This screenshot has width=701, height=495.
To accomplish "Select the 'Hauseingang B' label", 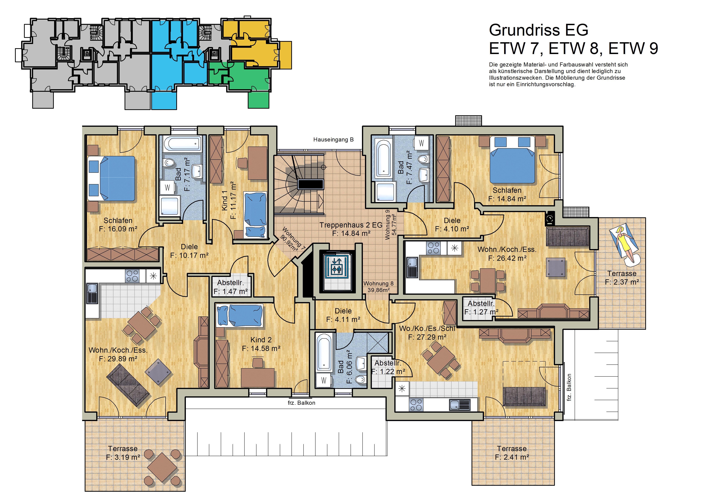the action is (x=333, y=140).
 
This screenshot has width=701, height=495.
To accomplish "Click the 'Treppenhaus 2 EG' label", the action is (x=351, y=225).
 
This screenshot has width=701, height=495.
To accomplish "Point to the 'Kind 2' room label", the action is (x=261, y=340).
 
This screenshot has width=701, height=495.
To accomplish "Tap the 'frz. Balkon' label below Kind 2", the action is (x=301, y=403).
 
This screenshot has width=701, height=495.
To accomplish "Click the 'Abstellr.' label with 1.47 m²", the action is (x=231, y=283).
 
